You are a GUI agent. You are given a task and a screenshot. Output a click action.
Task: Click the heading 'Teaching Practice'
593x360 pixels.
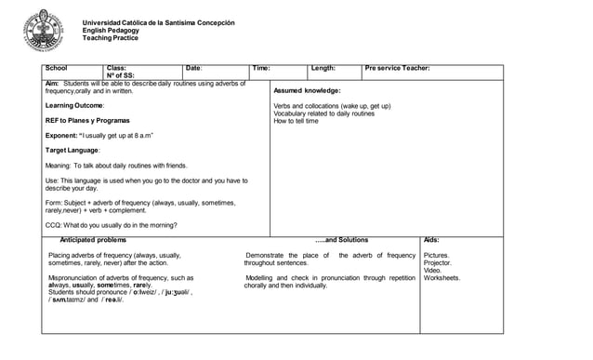pyautogui.click(x=111, y=38)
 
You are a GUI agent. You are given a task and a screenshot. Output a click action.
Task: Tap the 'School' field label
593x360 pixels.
pyautogui.click(x=56, y=69)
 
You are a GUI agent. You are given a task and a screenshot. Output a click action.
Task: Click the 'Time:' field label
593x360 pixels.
pyautogui.click(x=261, y=69)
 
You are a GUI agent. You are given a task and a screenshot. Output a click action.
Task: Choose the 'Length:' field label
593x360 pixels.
pyautogui.click(x=323, y=69)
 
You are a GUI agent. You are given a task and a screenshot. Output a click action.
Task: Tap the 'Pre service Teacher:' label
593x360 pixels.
pyautogui.click(x=397, y=69)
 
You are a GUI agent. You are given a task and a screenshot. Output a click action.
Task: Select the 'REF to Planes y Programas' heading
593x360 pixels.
pyautogui.click(x=87, y=121)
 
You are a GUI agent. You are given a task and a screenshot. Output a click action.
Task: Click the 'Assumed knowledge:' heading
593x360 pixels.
pyautogui.click(x=307, y=91)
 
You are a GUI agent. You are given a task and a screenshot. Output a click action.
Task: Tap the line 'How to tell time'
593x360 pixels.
pyautogui.click(x=296, y=121)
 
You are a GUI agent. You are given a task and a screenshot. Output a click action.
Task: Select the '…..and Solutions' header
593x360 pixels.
pyautogui.click(x=322, y=240)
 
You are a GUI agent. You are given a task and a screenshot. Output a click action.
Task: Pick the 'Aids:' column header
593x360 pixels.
pyautogui.click(x=431, y=240)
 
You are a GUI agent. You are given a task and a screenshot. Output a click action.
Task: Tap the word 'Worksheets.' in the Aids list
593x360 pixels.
pyautogui.click(x=442, y=277)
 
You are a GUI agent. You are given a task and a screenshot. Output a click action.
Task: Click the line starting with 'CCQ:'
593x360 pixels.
pyautogui.click(x=112, y=225)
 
